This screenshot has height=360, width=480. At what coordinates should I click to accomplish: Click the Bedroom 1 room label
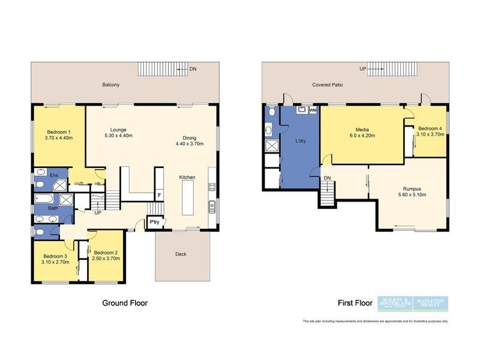tap(58, 131)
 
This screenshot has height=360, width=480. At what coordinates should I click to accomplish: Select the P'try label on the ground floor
tap(154, 222)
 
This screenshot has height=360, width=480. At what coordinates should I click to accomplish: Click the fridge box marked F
tap(159, 195)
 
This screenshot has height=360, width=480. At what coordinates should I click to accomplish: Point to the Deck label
tap(181, 254)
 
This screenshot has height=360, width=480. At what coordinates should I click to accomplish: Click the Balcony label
tap(110, 85)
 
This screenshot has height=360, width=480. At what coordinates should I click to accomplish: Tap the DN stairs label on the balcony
tap(193, 70)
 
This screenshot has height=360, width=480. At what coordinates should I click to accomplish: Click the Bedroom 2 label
tap(105, 252)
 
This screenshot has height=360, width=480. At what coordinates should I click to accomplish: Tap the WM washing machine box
tap(313, 110)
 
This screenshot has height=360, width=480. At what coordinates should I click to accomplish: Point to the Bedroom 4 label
tap(430, 128)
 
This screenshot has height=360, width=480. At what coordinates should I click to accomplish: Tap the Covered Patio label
tap(328, 85)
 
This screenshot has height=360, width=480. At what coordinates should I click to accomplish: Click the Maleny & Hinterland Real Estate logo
tap(394, 304)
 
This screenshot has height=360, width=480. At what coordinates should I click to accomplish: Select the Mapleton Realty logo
tap(431, 304)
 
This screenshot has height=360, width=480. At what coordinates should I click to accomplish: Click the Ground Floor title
tap(125, 303)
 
